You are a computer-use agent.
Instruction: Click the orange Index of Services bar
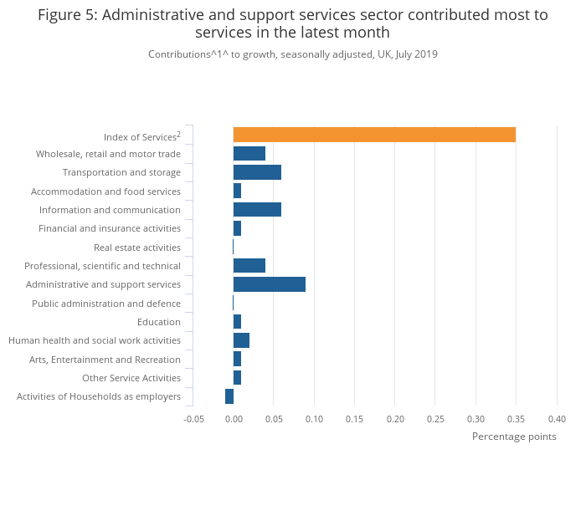(374, 135)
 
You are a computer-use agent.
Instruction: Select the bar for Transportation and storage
(257, 172)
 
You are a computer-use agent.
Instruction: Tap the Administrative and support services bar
(270, 284)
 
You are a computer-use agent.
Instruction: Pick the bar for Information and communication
(257, 210)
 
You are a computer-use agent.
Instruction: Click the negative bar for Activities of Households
(229, 396)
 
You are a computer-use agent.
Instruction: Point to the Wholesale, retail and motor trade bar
(249, 154)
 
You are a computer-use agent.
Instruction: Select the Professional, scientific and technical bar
(249, 266)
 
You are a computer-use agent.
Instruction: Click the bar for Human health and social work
(241, 340)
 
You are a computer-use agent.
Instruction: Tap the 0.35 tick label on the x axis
(516, 419)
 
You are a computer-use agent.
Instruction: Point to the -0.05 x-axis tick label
(193, 419)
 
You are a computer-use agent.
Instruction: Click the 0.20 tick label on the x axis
(394, 419)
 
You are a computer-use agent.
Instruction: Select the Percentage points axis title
(514, 437)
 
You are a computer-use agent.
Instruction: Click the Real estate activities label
(137, 248)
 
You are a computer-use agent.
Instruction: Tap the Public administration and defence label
(106, 304)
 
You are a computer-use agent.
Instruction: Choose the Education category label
(159, 322)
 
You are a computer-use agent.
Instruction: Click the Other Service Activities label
(131, 378)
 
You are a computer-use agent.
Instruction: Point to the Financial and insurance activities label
(110, 228)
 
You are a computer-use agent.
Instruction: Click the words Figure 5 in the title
(65, 15)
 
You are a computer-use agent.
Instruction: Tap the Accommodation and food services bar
(238, 191)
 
